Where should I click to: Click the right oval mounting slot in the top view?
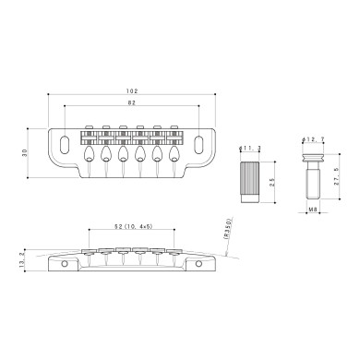point(198,143)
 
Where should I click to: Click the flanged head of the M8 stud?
point(310,158)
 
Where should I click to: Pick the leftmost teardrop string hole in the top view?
point(93,154)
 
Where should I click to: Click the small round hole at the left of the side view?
point(64,264)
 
